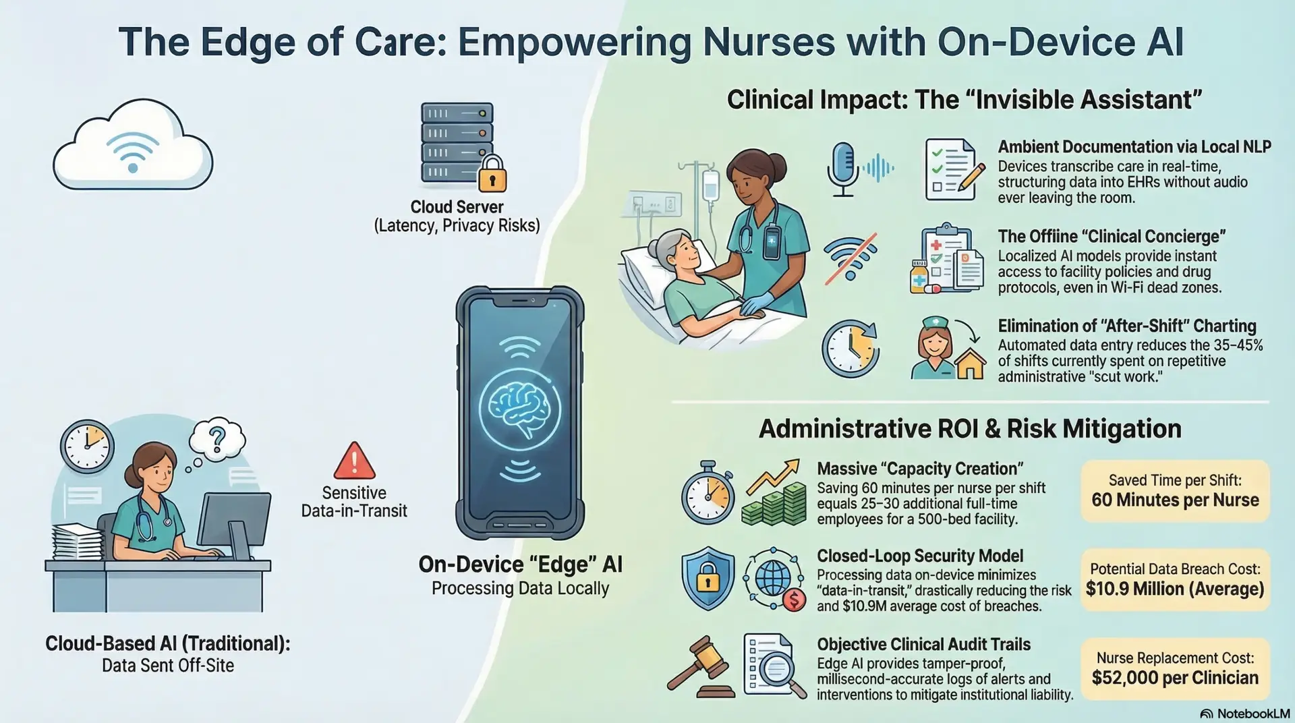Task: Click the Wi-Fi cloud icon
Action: (x=133, y=145)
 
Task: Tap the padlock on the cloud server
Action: (x=492, y=174)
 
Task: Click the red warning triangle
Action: (x=354, y=461)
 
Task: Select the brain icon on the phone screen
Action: (x=519, y=407)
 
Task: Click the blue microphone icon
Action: (x=842, y=169)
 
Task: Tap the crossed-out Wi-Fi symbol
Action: (x=851, y=256)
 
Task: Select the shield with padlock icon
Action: (x=708, y=578)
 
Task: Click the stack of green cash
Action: (x=774, y=504)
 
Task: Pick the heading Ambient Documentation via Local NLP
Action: (x=1134, y=147)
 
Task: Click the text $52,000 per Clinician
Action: (x=1175, y=678)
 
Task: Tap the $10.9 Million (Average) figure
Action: (x=1175, y=589)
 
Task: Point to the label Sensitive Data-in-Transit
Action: (x=354, y=502)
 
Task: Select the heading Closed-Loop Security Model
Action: (x=920, y=556)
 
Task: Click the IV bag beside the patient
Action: (x=710, y=185)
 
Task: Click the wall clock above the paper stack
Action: (x=87, y=446)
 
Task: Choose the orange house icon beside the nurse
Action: (x=970, y=365)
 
